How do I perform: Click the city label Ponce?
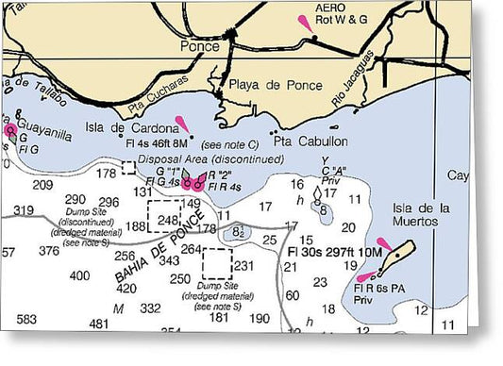click(x=199, y=44)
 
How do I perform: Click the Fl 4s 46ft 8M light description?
click(x=162, y=144)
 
